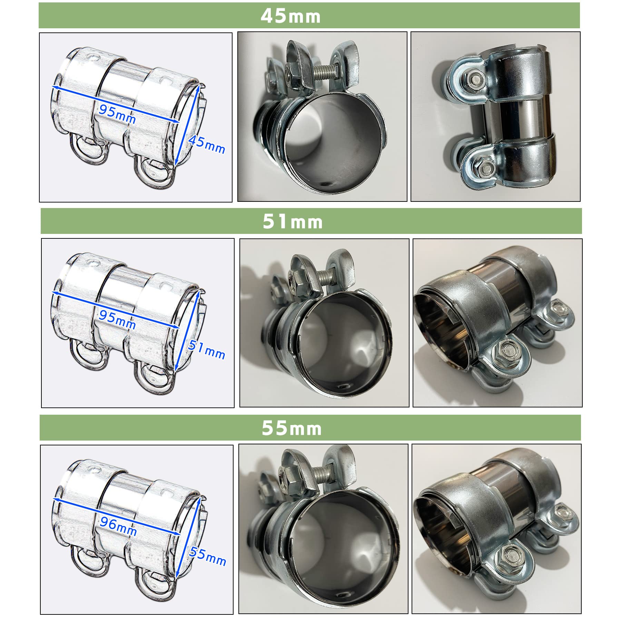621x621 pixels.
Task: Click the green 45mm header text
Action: pyautogui.click(x=290, y=16)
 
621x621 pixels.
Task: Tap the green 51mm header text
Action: pyautogui.click(x=293, y=221)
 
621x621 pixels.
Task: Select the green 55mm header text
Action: pyautogui.click(x=292, y=428)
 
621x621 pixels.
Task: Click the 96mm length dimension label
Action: pyautogui.click(x=118, y=526)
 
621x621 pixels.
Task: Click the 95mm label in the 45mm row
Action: pyautogui.click(x=117, y=114)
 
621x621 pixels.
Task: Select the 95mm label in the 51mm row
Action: pyautogui.click(x=117, y=319)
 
